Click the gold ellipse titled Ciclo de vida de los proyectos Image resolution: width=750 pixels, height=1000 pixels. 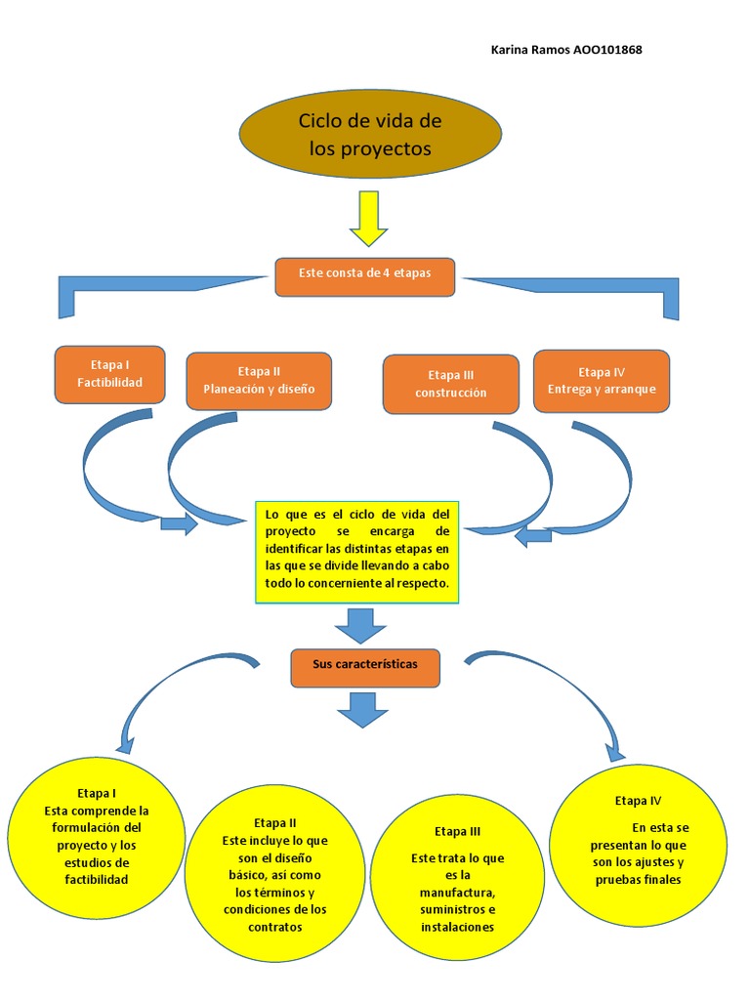[370, 135]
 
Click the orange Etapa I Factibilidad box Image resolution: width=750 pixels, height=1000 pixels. [110, 374]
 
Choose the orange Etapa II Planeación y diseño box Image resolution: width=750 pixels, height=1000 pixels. [259, 381]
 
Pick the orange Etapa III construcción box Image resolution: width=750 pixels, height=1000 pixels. [450, 384]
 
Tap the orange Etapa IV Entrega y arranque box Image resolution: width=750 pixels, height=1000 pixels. [602, 380]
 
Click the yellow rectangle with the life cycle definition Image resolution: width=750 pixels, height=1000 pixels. [356, 551]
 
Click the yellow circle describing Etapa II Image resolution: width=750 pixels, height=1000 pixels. [275, 875]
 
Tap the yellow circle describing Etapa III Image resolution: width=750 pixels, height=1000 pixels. [458, 879]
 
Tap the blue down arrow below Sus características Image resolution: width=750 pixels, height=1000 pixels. [361, 709]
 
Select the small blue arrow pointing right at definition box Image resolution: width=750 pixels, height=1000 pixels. [179, 524]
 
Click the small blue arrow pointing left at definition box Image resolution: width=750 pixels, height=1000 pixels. [534, 535]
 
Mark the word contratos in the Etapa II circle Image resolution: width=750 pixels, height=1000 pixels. [275, 927]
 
